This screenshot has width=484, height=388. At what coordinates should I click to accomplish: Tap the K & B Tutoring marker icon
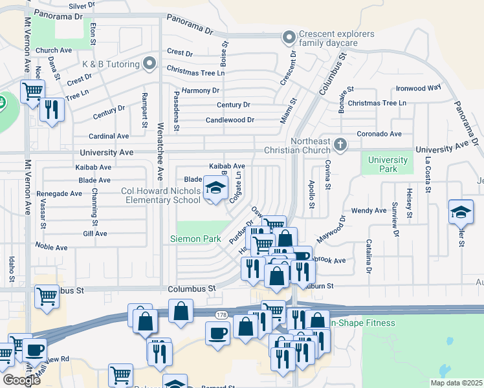point(149,63)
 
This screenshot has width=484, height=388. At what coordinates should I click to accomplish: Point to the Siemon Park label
point(195,239)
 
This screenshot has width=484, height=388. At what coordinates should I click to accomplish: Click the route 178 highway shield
point(221,314)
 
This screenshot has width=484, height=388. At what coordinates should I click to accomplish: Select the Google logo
point(21,380)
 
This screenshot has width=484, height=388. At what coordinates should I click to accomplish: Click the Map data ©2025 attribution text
point(456,383)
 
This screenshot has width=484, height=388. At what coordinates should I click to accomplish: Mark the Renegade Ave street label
point(59,193)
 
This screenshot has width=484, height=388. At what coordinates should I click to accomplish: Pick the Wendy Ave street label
point(369,211)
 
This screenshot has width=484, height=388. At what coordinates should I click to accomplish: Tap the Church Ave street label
point(54,50)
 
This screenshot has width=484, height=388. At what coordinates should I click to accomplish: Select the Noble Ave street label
point(52,248)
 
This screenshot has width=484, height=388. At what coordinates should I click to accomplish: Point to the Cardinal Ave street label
point(109,136)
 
